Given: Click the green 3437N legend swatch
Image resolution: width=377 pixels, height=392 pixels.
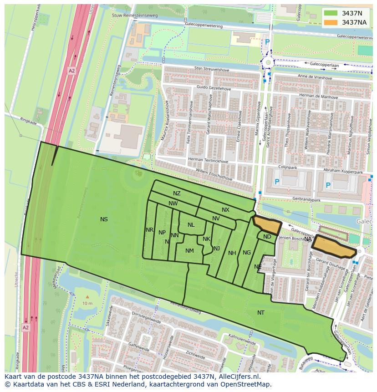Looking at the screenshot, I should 331,13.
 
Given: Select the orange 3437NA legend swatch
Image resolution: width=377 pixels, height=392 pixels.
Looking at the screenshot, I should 331,22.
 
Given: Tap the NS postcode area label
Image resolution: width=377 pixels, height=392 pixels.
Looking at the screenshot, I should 104,219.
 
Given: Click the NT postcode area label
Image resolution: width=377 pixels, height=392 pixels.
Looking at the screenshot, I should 261,313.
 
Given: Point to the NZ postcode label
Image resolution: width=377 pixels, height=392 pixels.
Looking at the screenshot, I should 177,193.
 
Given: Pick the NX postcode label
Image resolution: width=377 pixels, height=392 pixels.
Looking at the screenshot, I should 225,210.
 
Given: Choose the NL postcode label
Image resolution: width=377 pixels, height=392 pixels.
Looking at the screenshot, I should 191,225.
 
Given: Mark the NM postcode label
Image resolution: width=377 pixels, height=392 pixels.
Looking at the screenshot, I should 189,251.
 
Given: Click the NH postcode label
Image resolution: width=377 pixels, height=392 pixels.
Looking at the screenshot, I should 232,253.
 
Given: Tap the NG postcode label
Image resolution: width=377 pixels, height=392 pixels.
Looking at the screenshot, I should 247,253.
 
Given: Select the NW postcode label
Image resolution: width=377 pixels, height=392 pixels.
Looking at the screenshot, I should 173,204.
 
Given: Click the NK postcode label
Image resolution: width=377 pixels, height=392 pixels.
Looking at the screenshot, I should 206,239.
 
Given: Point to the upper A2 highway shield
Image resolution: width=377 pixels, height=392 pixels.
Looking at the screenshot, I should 71,71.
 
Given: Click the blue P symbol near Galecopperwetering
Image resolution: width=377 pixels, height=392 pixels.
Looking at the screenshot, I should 267,42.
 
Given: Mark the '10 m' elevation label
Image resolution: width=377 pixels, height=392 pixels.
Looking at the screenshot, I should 87,303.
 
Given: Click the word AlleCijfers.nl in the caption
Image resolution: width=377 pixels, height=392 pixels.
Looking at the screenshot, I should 236,377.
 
